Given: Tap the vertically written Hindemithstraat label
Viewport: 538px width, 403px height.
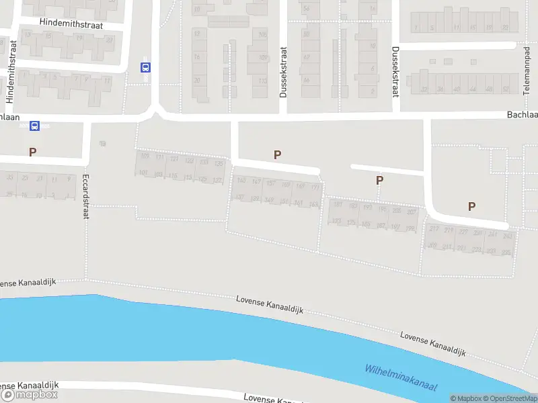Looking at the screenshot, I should (x=10, y=71).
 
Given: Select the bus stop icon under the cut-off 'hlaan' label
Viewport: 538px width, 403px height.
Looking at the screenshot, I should (x=35, y=126).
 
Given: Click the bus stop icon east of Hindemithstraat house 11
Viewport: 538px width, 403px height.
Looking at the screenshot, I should (x=145, y=67).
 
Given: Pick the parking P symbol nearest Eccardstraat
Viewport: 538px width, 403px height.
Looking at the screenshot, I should (x=32, y=152).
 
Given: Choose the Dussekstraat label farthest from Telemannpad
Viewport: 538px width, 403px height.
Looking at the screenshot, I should (x=284, y=73).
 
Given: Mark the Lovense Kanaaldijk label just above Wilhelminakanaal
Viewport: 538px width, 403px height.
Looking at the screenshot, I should (x=432, y=343).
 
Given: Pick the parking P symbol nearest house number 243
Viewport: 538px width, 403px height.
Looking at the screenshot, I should (x=471, y=207).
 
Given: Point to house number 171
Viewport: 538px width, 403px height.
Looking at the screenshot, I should (x=314, y=186).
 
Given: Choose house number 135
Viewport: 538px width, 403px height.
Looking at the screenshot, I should (x=218, y=163).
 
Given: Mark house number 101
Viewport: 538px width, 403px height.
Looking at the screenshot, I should (x=143, y=173).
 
